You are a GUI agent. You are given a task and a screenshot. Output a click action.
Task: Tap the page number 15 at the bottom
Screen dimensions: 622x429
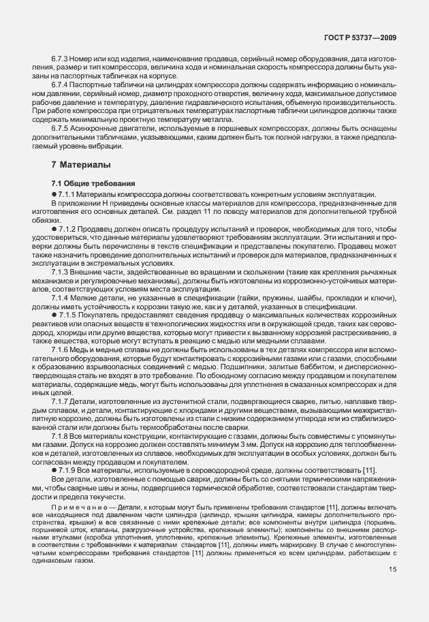click(392, 570)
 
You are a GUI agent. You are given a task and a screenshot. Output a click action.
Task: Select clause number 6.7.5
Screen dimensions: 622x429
click(63, 129)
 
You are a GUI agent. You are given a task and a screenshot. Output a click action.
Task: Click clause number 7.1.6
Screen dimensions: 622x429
click(63, 349)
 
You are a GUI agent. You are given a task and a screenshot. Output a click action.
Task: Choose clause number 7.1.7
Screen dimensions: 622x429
click(63, 401)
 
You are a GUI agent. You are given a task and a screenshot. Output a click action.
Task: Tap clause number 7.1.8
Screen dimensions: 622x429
click(63, 435)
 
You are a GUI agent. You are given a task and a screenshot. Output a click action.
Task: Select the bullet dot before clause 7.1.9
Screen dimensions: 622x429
click(54, 471)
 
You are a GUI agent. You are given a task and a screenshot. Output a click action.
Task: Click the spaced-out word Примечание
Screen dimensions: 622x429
click(77, 508)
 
